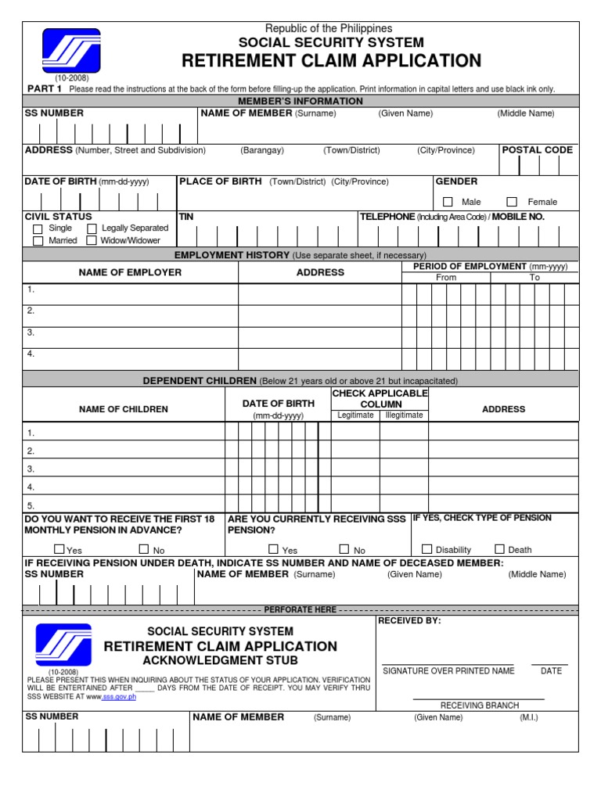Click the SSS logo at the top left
(71, 51)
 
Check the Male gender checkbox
(448, 202)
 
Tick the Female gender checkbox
(513, 202)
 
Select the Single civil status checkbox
(38, 228)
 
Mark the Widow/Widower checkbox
(92, 241)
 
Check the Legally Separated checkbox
(92, 228)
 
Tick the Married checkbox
(38, 241)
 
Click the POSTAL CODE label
(537, 149)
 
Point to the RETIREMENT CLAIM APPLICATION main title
(331, 61)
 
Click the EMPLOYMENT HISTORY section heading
(232, 255)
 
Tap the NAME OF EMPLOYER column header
(130, 272)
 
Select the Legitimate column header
(355, 415)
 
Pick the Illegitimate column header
(404, 415)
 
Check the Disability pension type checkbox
(427, 549)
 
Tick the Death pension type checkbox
(499, 549)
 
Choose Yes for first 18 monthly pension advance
(59, 549)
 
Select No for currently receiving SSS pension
(344, 549)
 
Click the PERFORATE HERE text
(300, 609)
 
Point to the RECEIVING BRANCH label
(479, 706)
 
